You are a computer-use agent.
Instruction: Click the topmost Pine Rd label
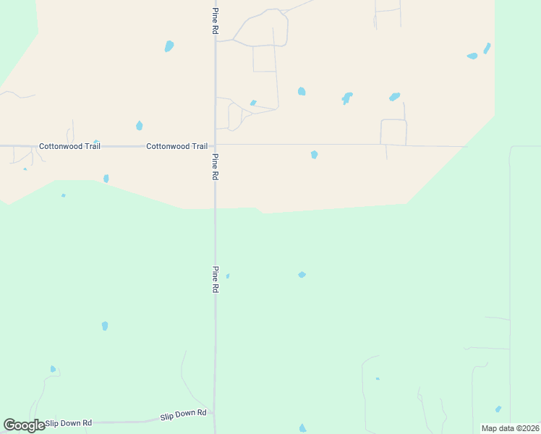[215, 21]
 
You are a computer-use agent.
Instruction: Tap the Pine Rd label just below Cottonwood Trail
[215, 166]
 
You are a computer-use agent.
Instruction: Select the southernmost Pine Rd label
[215, 278]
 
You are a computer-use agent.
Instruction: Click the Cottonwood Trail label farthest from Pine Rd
[69, 146]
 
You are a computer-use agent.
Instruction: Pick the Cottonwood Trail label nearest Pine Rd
[176, 146]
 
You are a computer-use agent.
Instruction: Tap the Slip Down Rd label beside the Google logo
[69, 422]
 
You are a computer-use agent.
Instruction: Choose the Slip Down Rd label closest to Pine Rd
[183, 415]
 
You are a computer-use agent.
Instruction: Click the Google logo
[24, 425]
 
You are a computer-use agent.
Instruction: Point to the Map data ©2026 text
[511, 428]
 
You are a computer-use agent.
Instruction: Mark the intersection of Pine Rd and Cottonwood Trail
[215, 145]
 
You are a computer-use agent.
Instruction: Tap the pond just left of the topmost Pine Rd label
[169, 46]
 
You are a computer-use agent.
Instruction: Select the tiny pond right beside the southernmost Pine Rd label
[228, 276]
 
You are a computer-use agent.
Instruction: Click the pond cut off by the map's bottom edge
[302, 428]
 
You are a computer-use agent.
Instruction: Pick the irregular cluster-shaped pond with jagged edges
[347, 97]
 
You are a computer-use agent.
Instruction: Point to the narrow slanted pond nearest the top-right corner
[487, 48]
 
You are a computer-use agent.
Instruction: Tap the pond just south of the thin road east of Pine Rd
[314, 154]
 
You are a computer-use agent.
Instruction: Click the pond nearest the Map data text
[498, 409]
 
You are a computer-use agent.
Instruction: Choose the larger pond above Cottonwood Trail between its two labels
[139, 126]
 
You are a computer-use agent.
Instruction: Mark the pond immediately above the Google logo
[53, 369]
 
